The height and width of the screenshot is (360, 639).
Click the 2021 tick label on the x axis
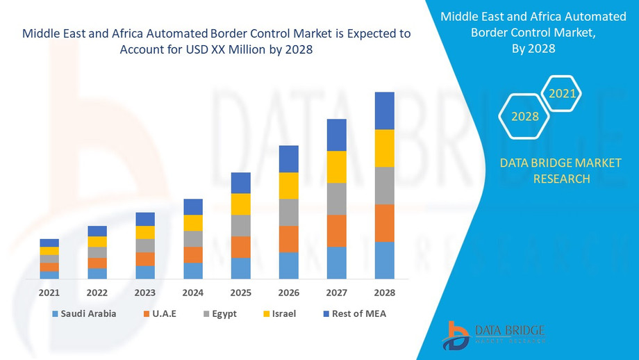pos(49,293)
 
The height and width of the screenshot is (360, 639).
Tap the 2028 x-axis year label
pos(384,293)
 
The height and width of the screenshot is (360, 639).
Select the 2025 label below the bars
pos(240,293)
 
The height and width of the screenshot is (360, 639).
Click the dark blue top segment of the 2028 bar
pos(384,111)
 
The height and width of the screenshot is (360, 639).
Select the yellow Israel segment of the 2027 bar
pos(336,167)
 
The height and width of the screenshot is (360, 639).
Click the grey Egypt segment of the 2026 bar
pos(288,212)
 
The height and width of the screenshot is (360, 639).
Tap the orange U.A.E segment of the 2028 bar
pos(384,223)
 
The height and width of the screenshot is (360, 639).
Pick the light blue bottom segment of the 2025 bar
pos(240,268)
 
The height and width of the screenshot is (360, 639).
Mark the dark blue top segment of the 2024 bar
pos(193,206)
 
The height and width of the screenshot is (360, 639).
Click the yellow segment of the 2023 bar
pos(145,232)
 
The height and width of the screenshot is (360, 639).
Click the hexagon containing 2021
pos(561,93)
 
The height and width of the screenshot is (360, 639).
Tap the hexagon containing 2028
pos(525,116)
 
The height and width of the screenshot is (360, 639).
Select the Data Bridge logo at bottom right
pos(494,334)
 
